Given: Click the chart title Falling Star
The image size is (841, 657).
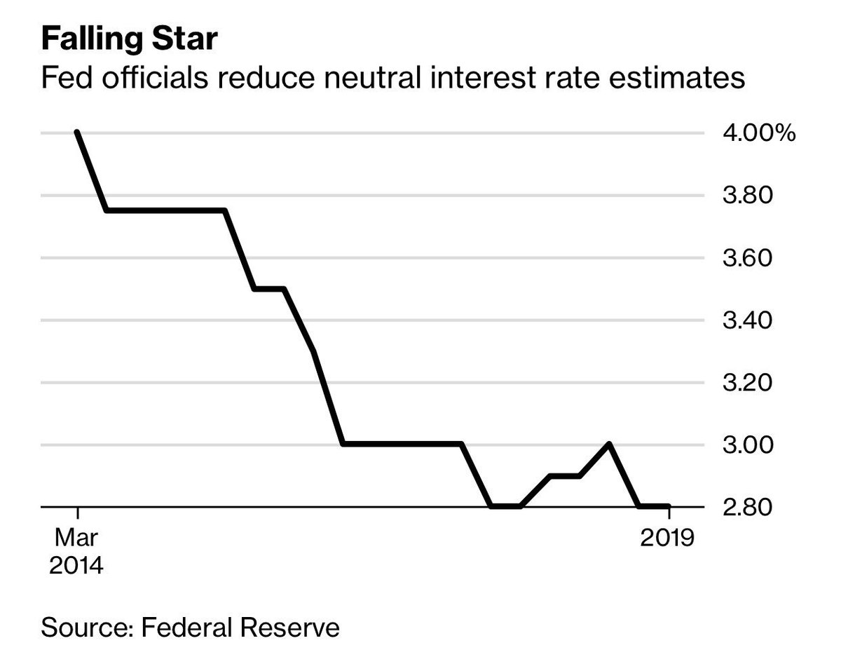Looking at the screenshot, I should point(130,40).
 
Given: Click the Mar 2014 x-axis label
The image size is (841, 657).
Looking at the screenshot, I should point(77,551).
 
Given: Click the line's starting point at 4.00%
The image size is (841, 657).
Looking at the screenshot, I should point(77,133).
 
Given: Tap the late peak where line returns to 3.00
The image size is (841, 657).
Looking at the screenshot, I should point(609,444).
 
